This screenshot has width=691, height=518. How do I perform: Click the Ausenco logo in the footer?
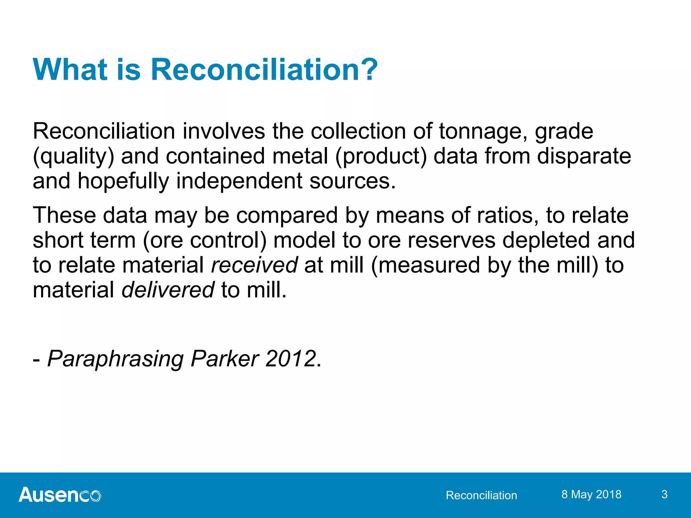[60, 495]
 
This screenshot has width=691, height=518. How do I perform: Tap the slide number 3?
[664, 494]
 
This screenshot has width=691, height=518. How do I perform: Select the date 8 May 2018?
[591, 494]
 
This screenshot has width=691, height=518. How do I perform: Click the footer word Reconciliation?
[481, 495]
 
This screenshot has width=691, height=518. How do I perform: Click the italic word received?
[254, 265]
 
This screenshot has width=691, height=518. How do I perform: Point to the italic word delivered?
[168, 290]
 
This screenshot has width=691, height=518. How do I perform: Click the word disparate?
[584, 156]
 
